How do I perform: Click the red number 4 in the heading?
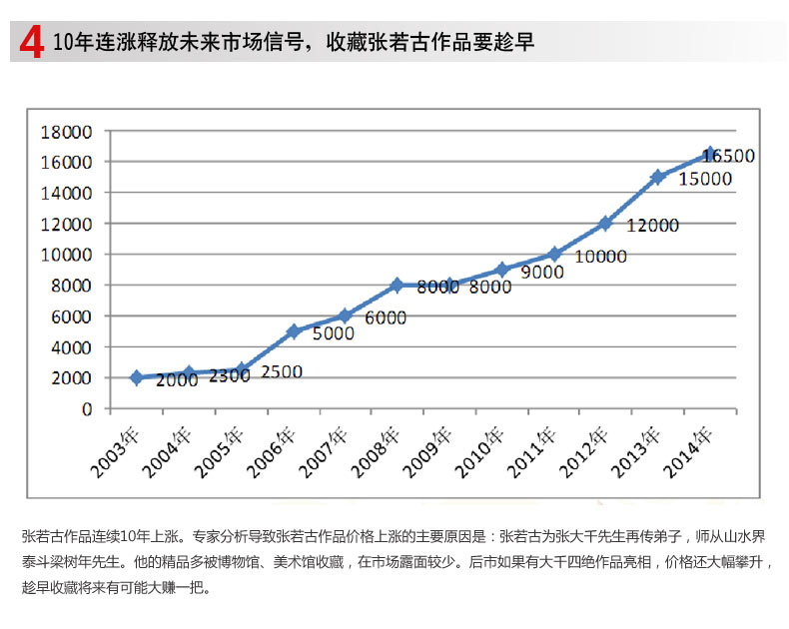pos(31,43)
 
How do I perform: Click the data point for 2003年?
pos(137,377)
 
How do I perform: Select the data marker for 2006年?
pos(294,330)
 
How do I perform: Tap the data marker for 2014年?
pos(710,154)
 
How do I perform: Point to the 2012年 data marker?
pos(605,223)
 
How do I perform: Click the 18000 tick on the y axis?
pos(66,131)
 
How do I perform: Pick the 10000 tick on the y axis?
pos(66,255)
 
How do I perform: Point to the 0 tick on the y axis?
pos(86,408)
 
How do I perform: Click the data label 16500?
pos(728,157)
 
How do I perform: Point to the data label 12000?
pos(653,226)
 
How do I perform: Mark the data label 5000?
pos(334,333)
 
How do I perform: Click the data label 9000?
pos(541,271)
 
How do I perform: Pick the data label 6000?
pos(386,318)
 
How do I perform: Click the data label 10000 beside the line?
pos(600,257)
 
